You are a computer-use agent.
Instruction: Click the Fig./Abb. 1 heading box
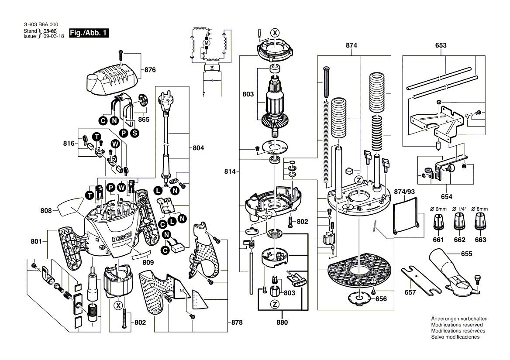point(88,33)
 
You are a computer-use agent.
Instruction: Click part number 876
point(150,70)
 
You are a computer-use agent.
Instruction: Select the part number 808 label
point(47,211)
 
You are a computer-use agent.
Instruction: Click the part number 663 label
point(480,240)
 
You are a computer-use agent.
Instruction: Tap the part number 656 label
point(381,299)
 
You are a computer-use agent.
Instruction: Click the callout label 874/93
point(403,192)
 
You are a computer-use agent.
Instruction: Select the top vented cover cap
point(112,79)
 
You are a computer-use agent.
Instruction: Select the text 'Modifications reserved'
point(456,325)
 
